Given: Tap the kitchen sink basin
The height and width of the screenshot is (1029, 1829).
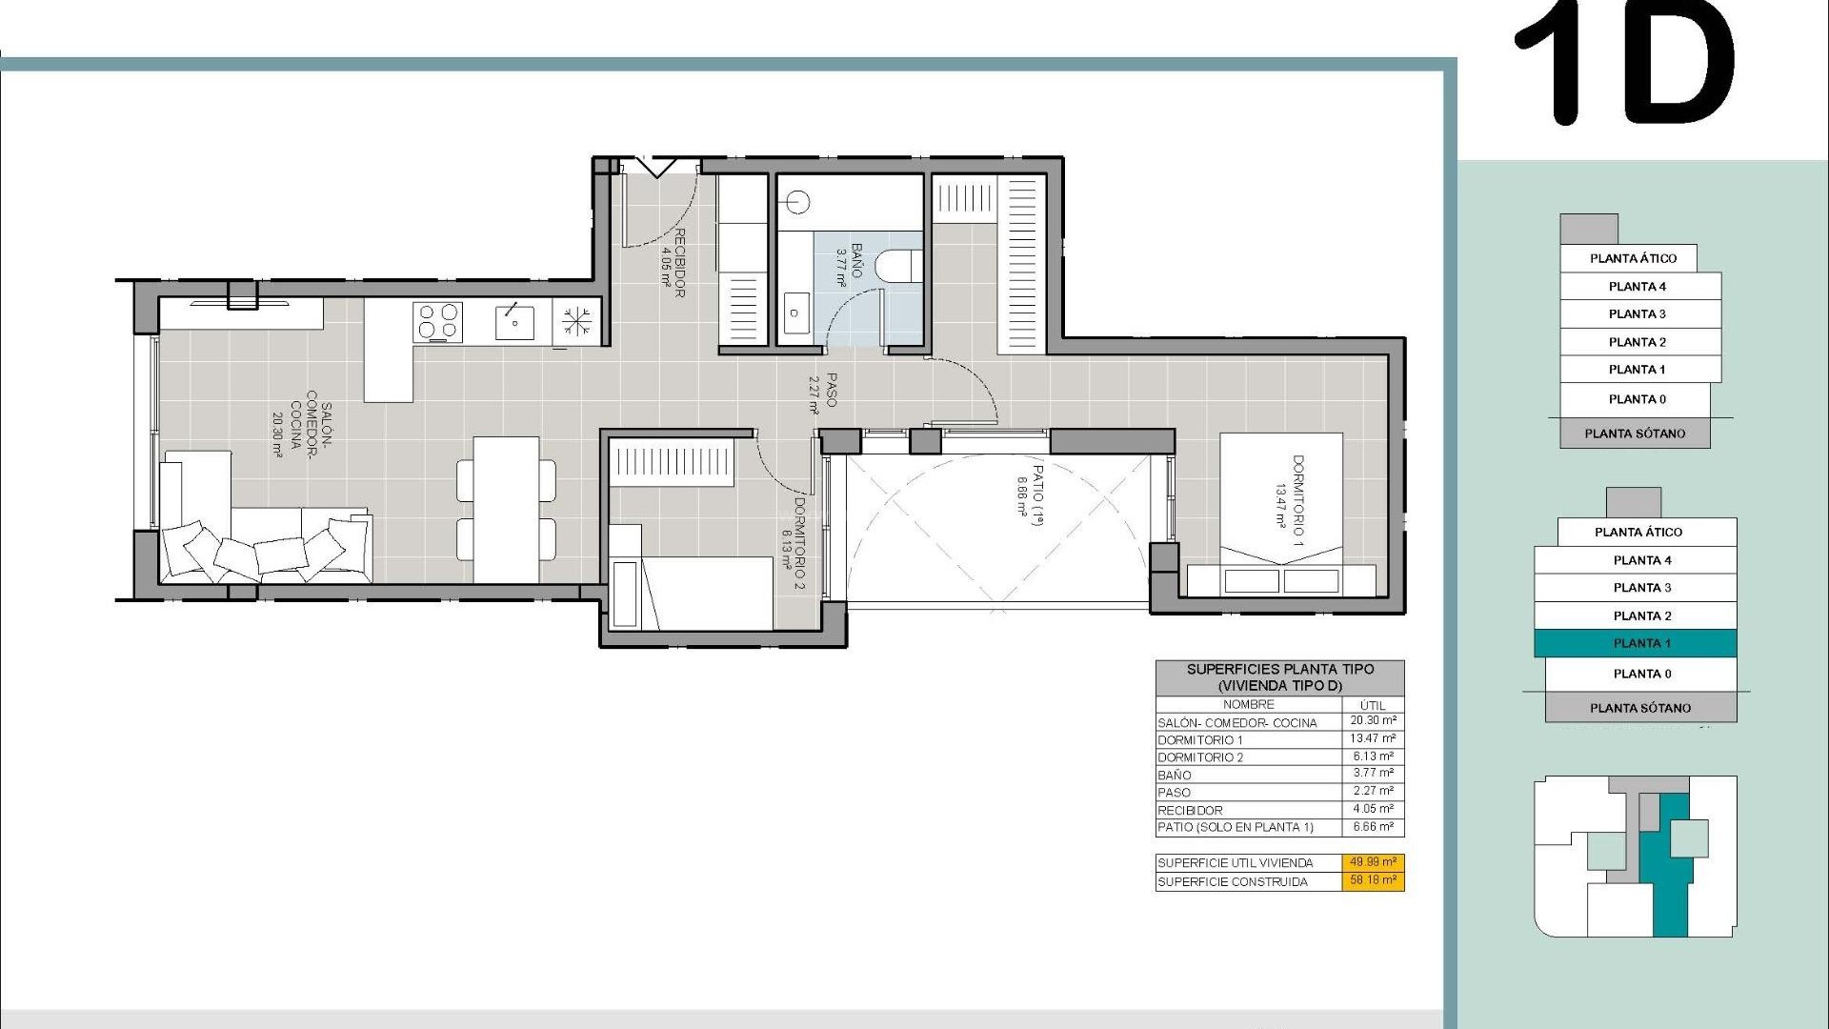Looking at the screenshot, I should point(514,321).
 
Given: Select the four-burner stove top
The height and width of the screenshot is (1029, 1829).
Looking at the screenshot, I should point(438,321).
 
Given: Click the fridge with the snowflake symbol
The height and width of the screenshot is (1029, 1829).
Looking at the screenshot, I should point(576,321).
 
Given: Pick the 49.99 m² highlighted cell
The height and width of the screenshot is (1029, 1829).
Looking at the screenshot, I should point(1373,862).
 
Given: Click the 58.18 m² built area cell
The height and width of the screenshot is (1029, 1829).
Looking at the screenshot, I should point(1373,881).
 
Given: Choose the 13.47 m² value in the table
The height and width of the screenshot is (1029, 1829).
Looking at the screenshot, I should point(1373,738).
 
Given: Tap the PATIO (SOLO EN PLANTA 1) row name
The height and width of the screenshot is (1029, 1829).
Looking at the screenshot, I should point(1236,827).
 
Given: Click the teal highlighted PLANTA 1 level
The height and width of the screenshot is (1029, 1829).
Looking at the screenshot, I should point(1636,643).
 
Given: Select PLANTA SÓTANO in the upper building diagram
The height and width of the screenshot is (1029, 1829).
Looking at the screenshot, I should point(1635,434).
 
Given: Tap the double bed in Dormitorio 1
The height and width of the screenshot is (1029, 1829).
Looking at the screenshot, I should point(1281,514).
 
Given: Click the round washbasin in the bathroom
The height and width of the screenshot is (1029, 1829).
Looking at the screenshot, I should point(798,201).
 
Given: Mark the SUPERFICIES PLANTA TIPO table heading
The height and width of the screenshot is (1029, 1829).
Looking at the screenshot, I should point(1279,676).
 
